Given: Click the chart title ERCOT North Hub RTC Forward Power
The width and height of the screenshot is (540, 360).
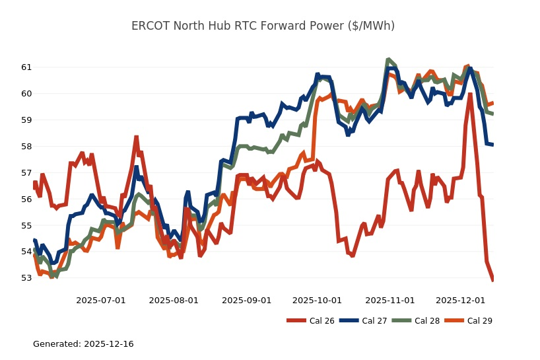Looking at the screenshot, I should click(x=263, y=26).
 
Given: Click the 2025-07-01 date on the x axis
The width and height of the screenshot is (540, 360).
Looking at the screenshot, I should click(x=101, y=301).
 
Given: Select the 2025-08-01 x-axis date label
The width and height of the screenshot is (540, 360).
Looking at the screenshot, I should click(x=174, y=301).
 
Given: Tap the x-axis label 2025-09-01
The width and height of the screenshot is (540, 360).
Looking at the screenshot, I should click(x=246, y=301).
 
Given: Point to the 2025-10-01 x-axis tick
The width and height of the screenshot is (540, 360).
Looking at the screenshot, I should click(x=317, y=301).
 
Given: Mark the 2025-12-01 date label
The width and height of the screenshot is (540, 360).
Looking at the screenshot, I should click(x=460, y=301).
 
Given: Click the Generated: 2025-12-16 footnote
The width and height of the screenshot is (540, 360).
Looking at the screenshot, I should click(x=83, y=344).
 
